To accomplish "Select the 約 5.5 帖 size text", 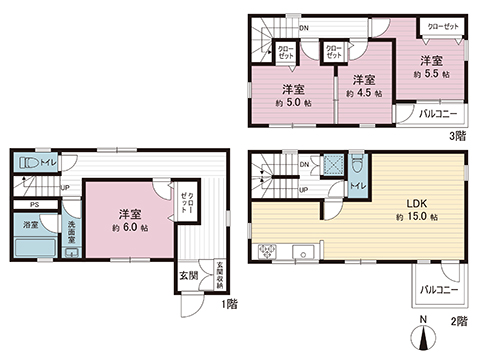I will [x=431, y=74].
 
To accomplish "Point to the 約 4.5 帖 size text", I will [x=362, y=93].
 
